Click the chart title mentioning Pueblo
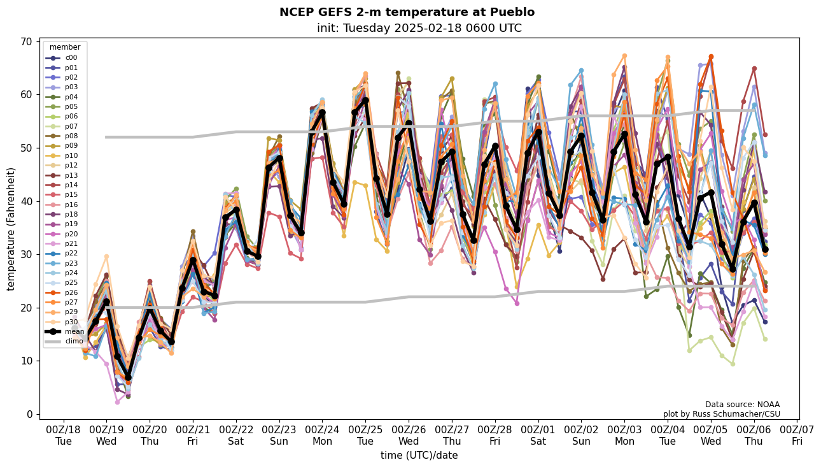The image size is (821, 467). coord(407,12)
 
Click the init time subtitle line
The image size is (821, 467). coord(419,28)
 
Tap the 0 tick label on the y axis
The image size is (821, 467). coord(29,414)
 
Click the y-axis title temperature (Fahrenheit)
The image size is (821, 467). coord(11,229)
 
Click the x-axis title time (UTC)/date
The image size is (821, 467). coord(419,456)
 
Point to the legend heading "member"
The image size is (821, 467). coord(65,47)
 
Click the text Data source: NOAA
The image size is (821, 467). coord(742,405)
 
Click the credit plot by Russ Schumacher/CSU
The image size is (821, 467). coord(721,414)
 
